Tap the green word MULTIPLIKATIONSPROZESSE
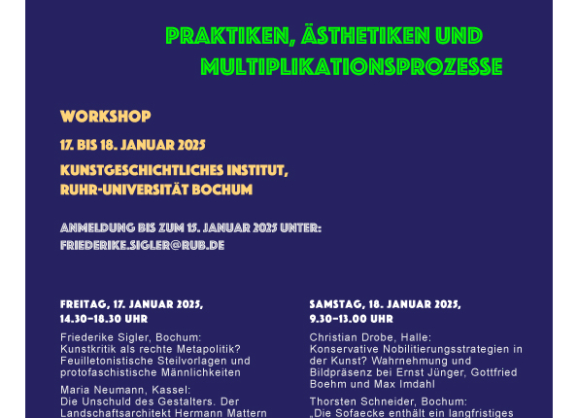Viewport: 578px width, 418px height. (x=352, y=67)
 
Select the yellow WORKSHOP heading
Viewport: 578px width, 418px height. (x=106, y=117)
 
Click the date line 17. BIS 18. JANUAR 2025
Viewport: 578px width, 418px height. (x=133, y=145)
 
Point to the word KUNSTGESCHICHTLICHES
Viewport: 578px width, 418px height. (x=142, y=170)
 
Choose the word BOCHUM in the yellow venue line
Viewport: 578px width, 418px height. (x=222, y=190)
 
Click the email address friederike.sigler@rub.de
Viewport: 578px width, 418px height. (x=142, y=245)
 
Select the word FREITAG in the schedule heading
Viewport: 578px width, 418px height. (x=84, y=304)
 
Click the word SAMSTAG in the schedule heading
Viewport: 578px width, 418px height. (x=337, y=304)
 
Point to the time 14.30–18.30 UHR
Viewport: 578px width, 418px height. (x=104, y=319)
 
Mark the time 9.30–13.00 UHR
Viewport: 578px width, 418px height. (x=352, y=319)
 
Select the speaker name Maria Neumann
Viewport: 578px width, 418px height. (x=103, y=390)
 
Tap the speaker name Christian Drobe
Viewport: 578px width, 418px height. (x=352, y=337)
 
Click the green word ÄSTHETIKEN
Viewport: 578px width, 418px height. (x=365, y=35)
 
